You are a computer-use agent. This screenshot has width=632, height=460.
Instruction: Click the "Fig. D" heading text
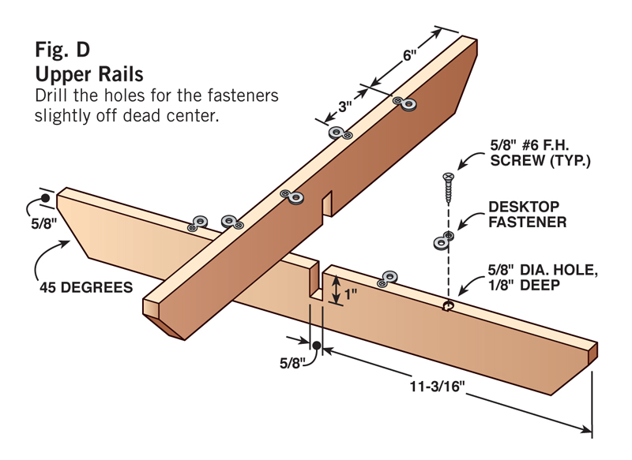point(62,50)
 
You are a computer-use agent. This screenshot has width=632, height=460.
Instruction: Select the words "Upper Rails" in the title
point(88,74)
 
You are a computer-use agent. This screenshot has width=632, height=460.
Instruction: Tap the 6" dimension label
point(408,57)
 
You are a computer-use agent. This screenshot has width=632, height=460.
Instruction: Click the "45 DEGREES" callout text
point(87,287)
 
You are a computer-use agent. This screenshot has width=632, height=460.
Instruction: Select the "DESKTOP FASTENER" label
point(527,215)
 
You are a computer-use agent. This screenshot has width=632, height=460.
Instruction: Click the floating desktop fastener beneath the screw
point(442,241)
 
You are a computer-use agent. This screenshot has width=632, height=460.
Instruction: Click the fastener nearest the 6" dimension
point(408,103)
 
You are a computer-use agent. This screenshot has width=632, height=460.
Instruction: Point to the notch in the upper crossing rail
point(326,203)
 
